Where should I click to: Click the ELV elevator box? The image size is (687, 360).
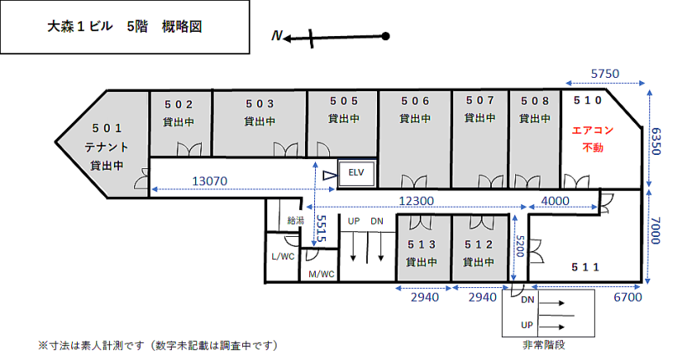[357, 173]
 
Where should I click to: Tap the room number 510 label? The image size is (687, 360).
[587, 100]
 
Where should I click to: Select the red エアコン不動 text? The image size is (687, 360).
[592, 139]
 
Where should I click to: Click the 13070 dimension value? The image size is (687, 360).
[209, 181]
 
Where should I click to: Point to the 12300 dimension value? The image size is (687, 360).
[416, 201]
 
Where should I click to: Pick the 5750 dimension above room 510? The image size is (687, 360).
[605, 74]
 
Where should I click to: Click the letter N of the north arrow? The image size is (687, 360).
[276, 35]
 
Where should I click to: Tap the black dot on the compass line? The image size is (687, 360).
[385, 36]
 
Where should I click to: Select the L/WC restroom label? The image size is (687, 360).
[283, 256]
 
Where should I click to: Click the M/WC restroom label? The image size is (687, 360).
[321, 274]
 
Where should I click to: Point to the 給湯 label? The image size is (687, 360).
[295, 220]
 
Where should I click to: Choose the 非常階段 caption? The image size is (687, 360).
[544, 345]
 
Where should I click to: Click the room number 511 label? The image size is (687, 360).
[585, 267]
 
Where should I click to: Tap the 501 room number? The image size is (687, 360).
[106, 128]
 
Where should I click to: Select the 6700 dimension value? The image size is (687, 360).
[628, 297]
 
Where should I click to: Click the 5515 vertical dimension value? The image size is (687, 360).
[321, 229]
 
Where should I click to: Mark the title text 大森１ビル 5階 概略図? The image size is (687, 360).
[125, 27]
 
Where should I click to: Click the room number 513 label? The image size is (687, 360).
[421, 244]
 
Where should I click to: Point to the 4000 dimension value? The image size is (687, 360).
[555, 201]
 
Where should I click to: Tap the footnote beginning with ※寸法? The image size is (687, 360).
[158, 346]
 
